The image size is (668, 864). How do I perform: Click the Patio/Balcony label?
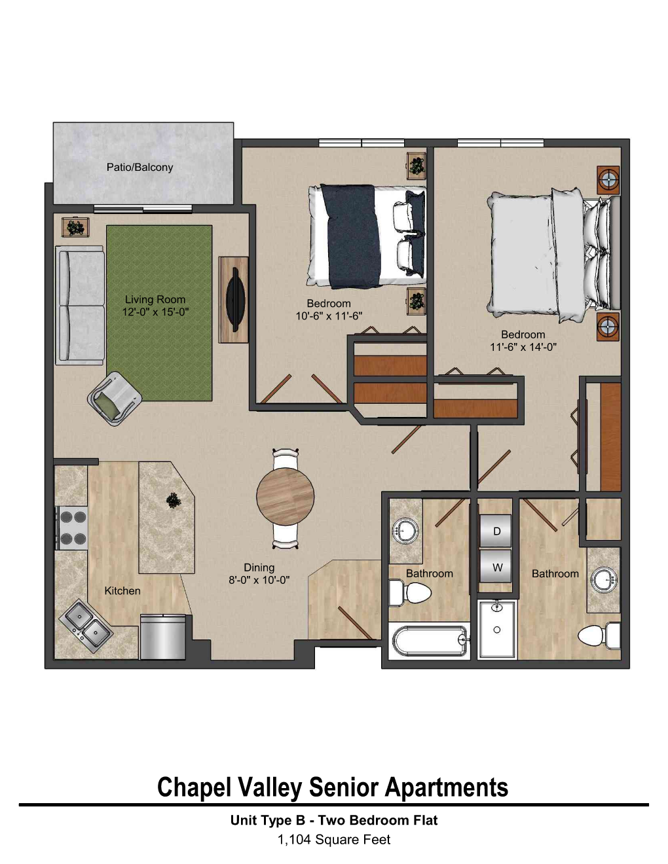tap(139, 167)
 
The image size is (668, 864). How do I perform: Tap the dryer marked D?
tap(496, 531)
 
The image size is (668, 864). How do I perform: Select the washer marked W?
tap(496, 567)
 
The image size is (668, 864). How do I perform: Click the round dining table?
tap(285, 496)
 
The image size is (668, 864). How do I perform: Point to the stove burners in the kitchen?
tap(73, 528)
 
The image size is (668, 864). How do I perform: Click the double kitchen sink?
tap(86, 624)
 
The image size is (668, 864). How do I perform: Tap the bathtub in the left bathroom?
tap(430, 640)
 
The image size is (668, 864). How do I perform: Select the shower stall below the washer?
tap(496, 629)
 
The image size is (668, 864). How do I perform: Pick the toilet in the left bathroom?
tap(410, 594)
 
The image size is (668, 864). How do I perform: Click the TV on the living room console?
tap(234, 299)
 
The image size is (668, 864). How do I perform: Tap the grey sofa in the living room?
tap(80, 305)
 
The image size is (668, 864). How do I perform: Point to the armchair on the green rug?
tap(113, 398)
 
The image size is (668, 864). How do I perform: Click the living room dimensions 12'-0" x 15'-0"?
tap(155, 312)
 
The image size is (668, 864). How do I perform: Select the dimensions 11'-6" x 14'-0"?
tap(523, 347)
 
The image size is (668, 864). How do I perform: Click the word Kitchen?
tap(122, 590)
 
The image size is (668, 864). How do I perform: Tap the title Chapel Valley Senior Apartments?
tap(333, 787)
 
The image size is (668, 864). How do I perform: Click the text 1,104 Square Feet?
tap(334, 839)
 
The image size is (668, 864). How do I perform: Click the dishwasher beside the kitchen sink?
tap(162, 636)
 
